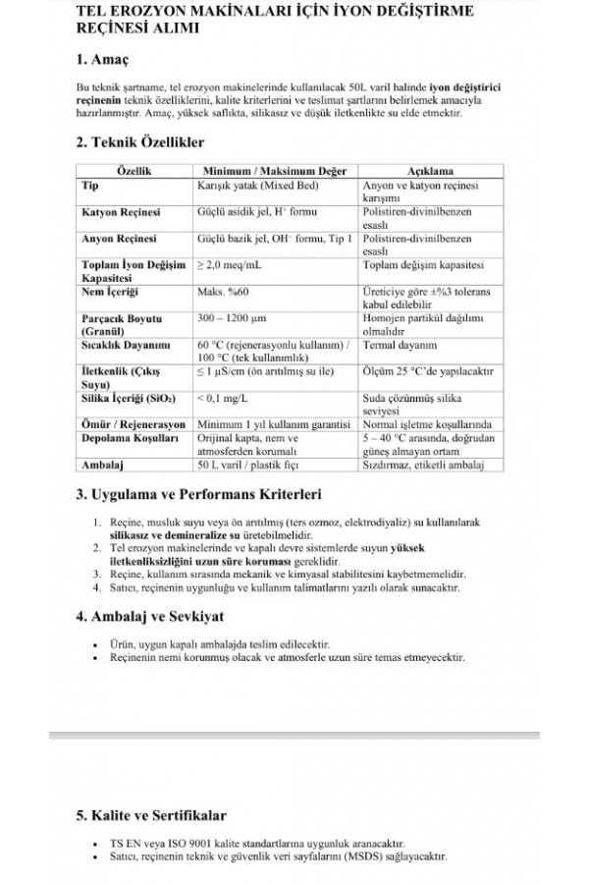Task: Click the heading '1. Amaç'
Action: point(106,61)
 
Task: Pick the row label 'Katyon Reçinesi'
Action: point(121,212)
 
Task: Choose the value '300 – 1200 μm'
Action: point(234,319)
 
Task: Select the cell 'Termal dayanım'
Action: point(400,346)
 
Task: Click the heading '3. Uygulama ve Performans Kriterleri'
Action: point(198,494)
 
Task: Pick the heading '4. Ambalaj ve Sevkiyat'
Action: point(150,617)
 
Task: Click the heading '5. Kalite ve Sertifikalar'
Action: point(151,815)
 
